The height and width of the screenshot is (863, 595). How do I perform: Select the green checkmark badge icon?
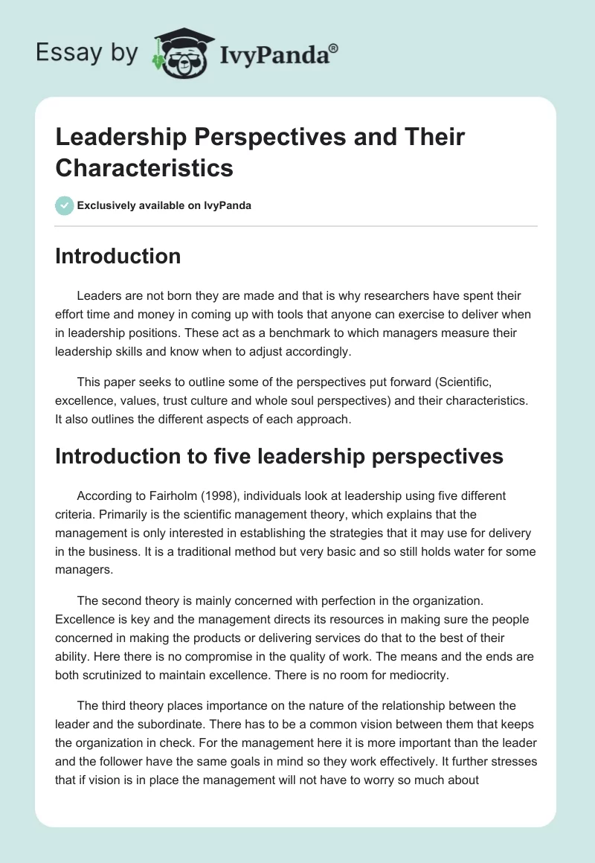65,205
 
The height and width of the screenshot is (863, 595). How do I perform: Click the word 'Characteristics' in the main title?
144,167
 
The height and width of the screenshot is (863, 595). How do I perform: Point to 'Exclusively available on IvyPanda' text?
164,205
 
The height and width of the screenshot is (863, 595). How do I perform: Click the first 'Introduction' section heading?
118,256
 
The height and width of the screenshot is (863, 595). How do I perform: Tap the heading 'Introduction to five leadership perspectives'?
280,456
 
